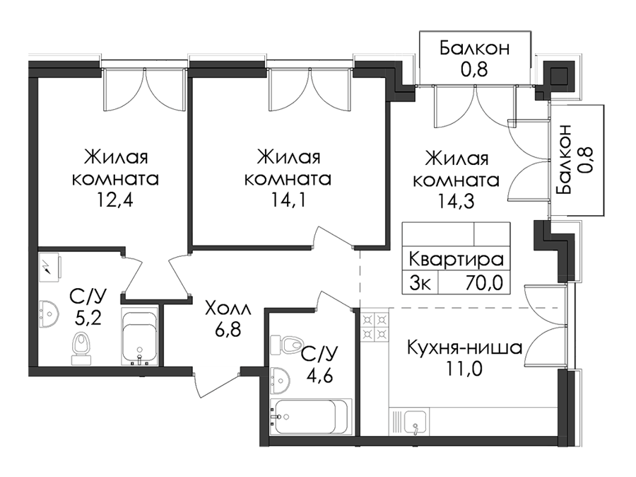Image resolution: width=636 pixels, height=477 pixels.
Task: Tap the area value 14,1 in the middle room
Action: coord(288,200)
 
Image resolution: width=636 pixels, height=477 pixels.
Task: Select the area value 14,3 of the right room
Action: coord(456,201)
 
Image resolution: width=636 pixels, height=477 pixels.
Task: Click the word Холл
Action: coord(228,309)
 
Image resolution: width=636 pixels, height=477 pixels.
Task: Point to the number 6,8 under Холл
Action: coord(228,329)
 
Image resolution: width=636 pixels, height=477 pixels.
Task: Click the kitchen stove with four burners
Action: coord(375,326)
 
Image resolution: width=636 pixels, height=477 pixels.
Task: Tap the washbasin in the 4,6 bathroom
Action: coord(280,380)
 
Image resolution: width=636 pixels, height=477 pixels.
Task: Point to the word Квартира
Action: coord(456,259)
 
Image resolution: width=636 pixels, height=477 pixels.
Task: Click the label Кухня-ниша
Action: coord(464,347)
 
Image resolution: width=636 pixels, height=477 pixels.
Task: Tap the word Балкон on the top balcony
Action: coord(474,48)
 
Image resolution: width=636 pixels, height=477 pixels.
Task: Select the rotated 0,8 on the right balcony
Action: coord(585,161)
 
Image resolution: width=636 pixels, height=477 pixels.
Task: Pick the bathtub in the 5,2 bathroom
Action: coord(139,336)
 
